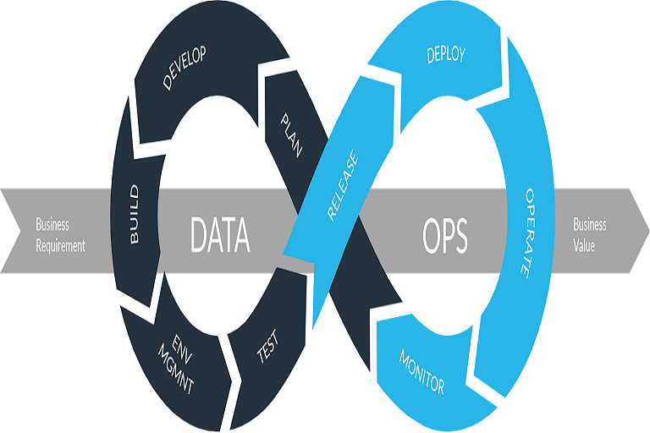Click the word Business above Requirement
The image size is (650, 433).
click(x=52, y=225)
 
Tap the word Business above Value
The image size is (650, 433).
click(x=590, y=225)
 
